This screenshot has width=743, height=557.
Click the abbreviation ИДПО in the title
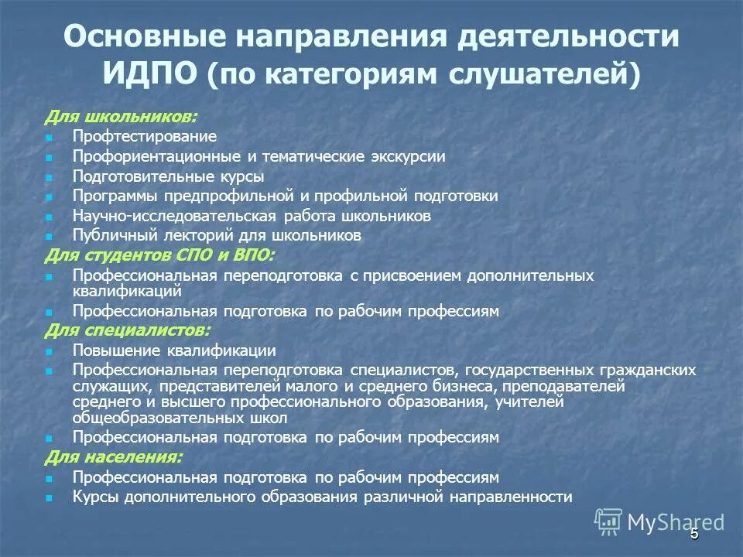point(149,74)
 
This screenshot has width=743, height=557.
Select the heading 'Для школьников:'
point(120,116)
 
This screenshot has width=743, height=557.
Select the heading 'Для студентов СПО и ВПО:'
point(159,255)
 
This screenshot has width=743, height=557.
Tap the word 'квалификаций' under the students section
point(127,292)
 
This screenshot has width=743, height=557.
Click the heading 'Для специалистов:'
point(127,330)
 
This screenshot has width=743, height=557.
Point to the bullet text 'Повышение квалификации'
point(174,350)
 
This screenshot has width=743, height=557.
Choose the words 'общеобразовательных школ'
point(180,419)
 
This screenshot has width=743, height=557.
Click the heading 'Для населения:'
point(114,457)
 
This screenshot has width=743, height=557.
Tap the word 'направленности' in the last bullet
point(515,497)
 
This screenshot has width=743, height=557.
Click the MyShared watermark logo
point(659,521)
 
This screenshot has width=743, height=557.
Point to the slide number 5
point(694,533)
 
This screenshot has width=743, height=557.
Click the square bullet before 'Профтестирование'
point(49,138)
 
